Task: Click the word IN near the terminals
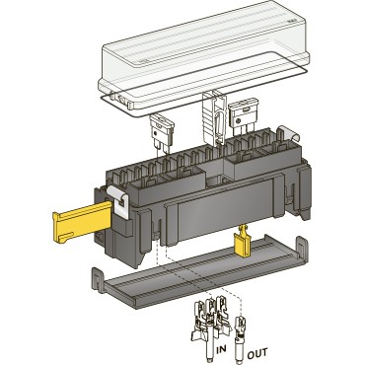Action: pyautogui.click(x=221, y=349)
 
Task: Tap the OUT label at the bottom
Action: pyautogui.click(x=257, y=353)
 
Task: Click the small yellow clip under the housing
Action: pyautogui.click(x=243, y=242)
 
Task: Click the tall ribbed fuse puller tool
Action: pyautogui.click(x=214, y=117)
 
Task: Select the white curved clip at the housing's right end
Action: pyautogui.click(x=289, y=133)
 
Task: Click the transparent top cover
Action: pyautogui.click(x=204, y=54)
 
